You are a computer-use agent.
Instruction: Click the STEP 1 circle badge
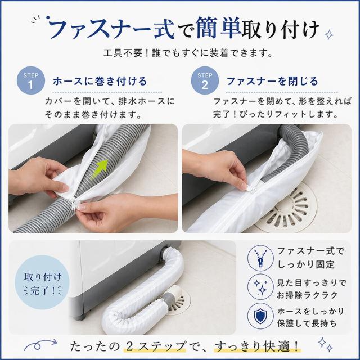[31, 80]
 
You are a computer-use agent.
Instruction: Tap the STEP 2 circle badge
[205, 80]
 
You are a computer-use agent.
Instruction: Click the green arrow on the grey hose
[100, 169]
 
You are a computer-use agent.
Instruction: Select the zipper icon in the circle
[260, 258]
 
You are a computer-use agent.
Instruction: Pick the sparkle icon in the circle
[260, 286]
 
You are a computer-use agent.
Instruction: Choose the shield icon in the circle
[260, 316]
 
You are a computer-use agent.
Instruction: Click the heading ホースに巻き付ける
[100, 81]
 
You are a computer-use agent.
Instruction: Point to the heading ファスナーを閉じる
[272, 81]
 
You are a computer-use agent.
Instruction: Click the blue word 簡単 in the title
[219, 28]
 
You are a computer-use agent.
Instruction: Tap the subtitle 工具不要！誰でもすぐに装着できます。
[188, 53]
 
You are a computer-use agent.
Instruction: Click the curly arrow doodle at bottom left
[40, 344]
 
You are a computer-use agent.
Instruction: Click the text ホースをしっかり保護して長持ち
[310, 317]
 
